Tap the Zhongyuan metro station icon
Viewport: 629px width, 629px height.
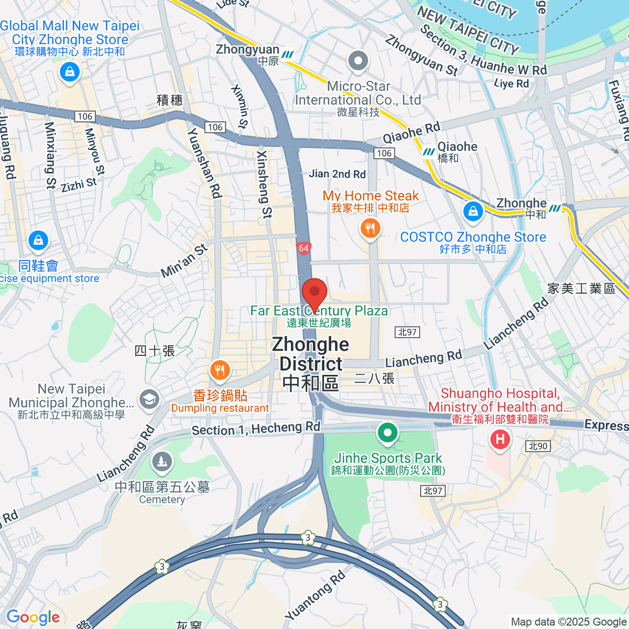point(287,55)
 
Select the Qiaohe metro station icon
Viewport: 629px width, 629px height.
point(429,151)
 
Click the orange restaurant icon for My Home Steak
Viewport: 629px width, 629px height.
point(370,229)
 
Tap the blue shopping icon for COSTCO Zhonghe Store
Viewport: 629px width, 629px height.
point(473,212)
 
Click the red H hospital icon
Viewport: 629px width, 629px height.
point(500,439)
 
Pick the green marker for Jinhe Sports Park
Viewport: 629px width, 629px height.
point(388,433)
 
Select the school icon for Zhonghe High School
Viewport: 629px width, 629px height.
point(149,399)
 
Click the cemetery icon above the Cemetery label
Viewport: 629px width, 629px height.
point(162,462)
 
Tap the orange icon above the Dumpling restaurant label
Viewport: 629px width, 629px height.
point(220,371)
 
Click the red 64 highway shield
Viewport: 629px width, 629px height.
point(303,248)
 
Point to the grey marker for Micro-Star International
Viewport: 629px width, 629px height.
point(358,61)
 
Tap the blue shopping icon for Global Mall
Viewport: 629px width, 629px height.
point(69,72)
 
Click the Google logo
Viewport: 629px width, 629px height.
point(33,617)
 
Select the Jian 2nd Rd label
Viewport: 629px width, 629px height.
point(337,174)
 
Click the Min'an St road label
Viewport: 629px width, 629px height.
point(184,261)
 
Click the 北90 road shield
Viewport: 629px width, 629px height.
point(538,446)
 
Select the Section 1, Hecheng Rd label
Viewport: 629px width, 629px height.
point(256,429)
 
